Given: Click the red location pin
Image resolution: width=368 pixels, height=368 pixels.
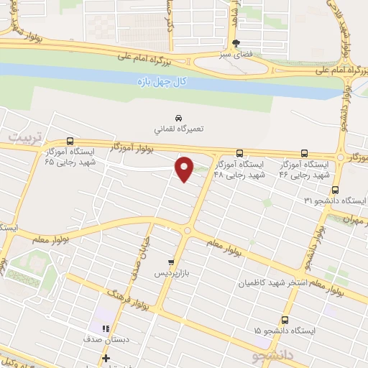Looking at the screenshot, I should pyautogui.click(x=185, y=168).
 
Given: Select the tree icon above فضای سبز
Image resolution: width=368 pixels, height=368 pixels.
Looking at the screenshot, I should pyautogui.click(x=235, y=42).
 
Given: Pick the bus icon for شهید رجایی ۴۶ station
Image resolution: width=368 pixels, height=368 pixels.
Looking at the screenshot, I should pyautogui.click(x=304, y=153).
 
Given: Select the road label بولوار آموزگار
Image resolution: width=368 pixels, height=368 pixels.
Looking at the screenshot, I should pyautogui.click(x=134, y=147).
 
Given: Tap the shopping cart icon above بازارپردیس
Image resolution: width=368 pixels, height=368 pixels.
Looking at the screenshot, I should pyautogui.click(x=170, y=262).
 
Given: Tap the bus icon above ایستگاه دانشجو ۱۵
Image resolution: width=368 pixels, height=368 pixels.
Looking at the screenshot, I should pyautogui.click(x=285, y=320).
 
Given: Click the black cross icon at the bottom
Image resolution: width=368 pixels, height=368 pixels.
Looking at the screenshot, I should pyautogui.click(x=106, y=358).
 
